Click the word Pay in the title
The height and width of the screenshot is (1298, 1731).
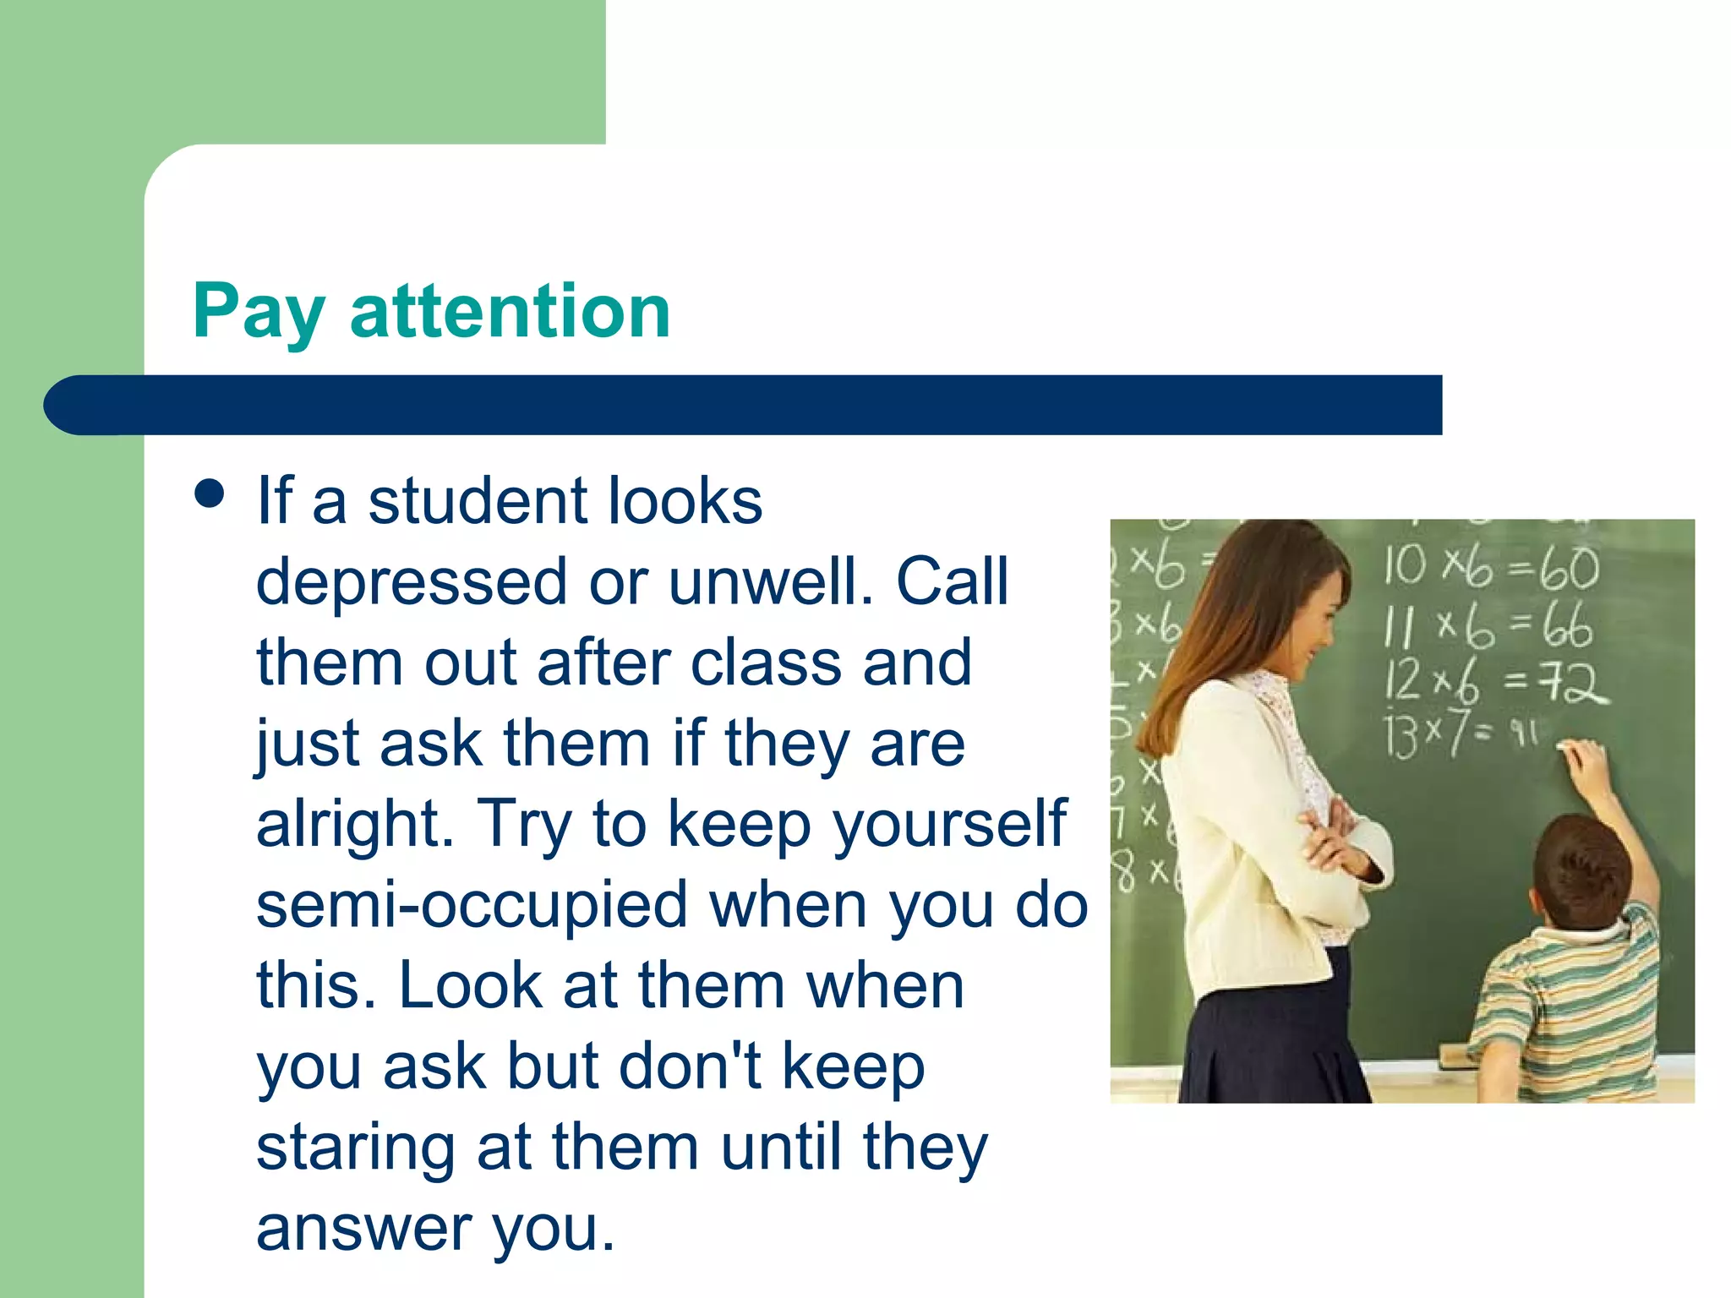(x=258, y=313)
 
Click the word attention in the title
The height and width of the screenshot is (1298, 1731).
(x=510, y=311)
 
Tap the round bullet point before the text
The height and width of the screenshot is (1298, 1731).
(x=209, y=494)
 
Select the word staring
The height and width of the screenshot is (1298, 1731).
(x=356, y=1148)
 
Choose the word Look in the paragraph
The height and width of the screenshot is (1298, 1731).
(x=470, y=985)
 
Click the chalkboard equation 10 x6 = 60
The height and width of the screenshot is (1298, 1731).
(x=1490, y=567)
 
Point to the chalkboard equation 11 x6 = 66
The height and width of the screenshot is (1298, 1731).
(x=1488, y=628)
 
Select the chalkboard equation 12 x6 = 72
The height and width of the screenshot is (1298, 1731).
(x=1494, y=681)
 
